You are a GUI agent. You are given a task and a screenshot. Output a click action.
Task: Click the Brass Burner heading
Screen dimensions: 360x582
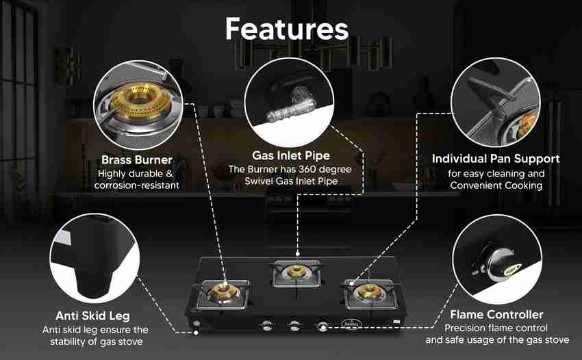point(136,159)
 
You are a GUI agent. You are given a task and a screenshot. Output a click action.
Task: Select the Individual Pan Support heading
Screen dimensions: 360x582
point(496,159)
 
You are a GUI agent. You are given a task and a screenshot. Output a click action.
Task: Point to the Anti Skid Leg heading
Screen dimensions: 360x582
point(92,316)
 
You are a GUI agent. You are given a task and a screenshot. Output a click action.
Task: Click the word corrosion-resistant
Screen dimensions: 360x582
point(136,185)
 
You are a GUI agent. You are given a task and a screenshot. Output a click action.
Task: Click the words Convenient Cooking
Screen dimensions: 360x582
point(496,185)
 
